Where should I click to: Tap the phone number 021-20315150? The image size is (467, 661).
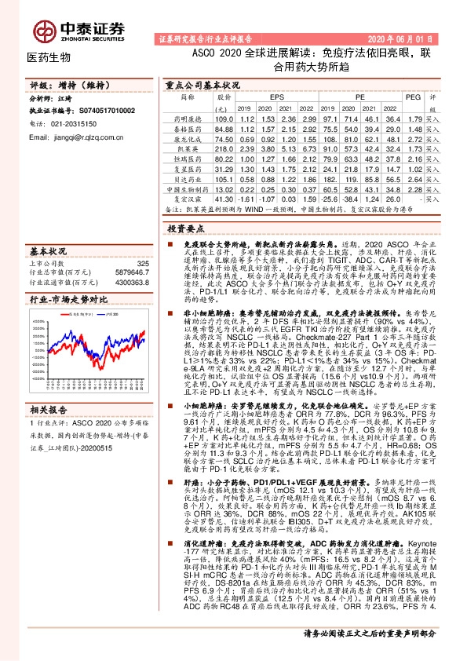click(75, 124)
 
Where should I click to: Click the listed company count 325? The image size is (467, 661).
click(142, 265)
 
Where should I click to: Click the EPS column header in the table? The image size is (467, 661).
click(277, 97)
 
